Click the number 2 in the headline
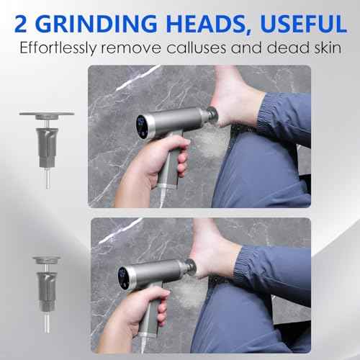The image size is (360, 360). pyautogui.click(x=21, y=24)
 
